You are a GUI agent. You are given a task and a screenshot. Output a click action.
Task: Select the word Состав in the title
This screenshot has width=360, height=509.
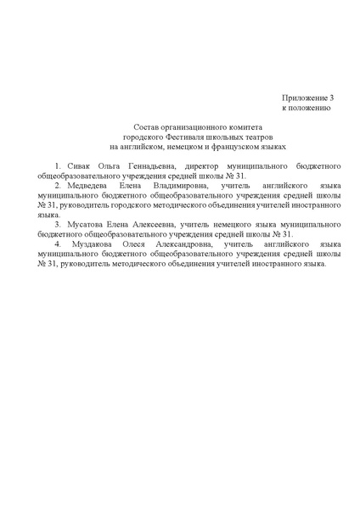[x=136, y=126]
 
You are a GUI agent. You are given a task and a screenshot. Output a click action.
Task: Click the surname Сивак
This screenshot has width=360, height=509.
[x=77, y=163]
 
